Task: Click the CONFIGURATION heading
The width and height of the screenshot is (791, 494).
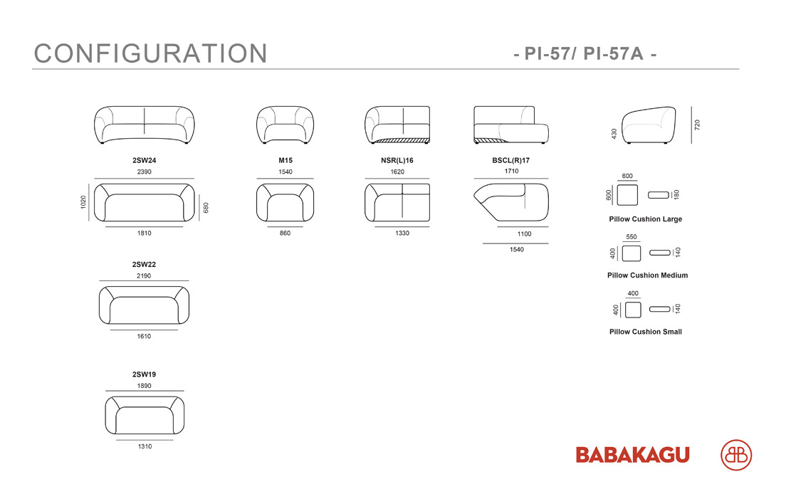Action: click(x=150, y=53)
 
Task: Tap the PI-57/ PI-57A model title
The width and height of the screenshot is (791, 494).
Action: click(x=585, y=53)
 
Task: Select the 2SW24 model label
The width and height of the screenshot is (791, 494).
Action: click(x=145, y=160)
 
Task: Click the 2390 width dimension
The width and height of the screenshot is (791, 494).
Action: click(x=145, y=172)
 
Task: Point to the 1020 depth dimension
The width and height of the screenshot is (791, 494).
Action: click(x=83, y=202)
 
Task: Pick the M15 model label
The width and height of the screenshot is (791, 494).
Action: click(x=286, y=160)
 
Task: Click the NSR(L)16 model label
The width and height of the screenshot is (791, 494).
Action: click(x=397, y=160)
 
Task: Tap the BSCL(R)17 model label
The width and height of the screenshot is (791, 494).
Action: click(x=511, y=160)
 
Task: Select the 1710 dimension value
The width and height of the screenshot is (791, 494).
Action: click(x=511, y=171)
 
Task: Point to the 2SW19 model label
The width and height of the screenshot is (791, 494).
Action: click(x=145, y=374)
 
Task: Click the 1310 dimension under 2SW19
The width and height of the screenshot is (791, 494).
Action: click(x=145, y=446)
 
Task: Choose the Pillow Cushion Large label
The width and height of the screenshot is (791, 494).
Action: click(x=646, y=219)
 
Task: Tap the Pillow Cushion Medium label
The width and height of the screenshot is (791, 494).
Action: click(x=648, y=275)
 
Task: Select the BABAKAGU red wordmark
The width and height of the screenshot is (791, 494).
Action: click(x=633, y=455)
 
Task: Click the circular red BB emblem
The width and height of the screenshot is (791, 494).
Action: click(x=736, y=455)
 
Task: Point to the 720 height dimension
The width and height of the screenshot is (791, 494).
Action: click(x=697, y=125)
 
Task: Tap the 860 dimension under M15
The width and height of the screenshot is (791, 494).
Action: click(x=285, y=233)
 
